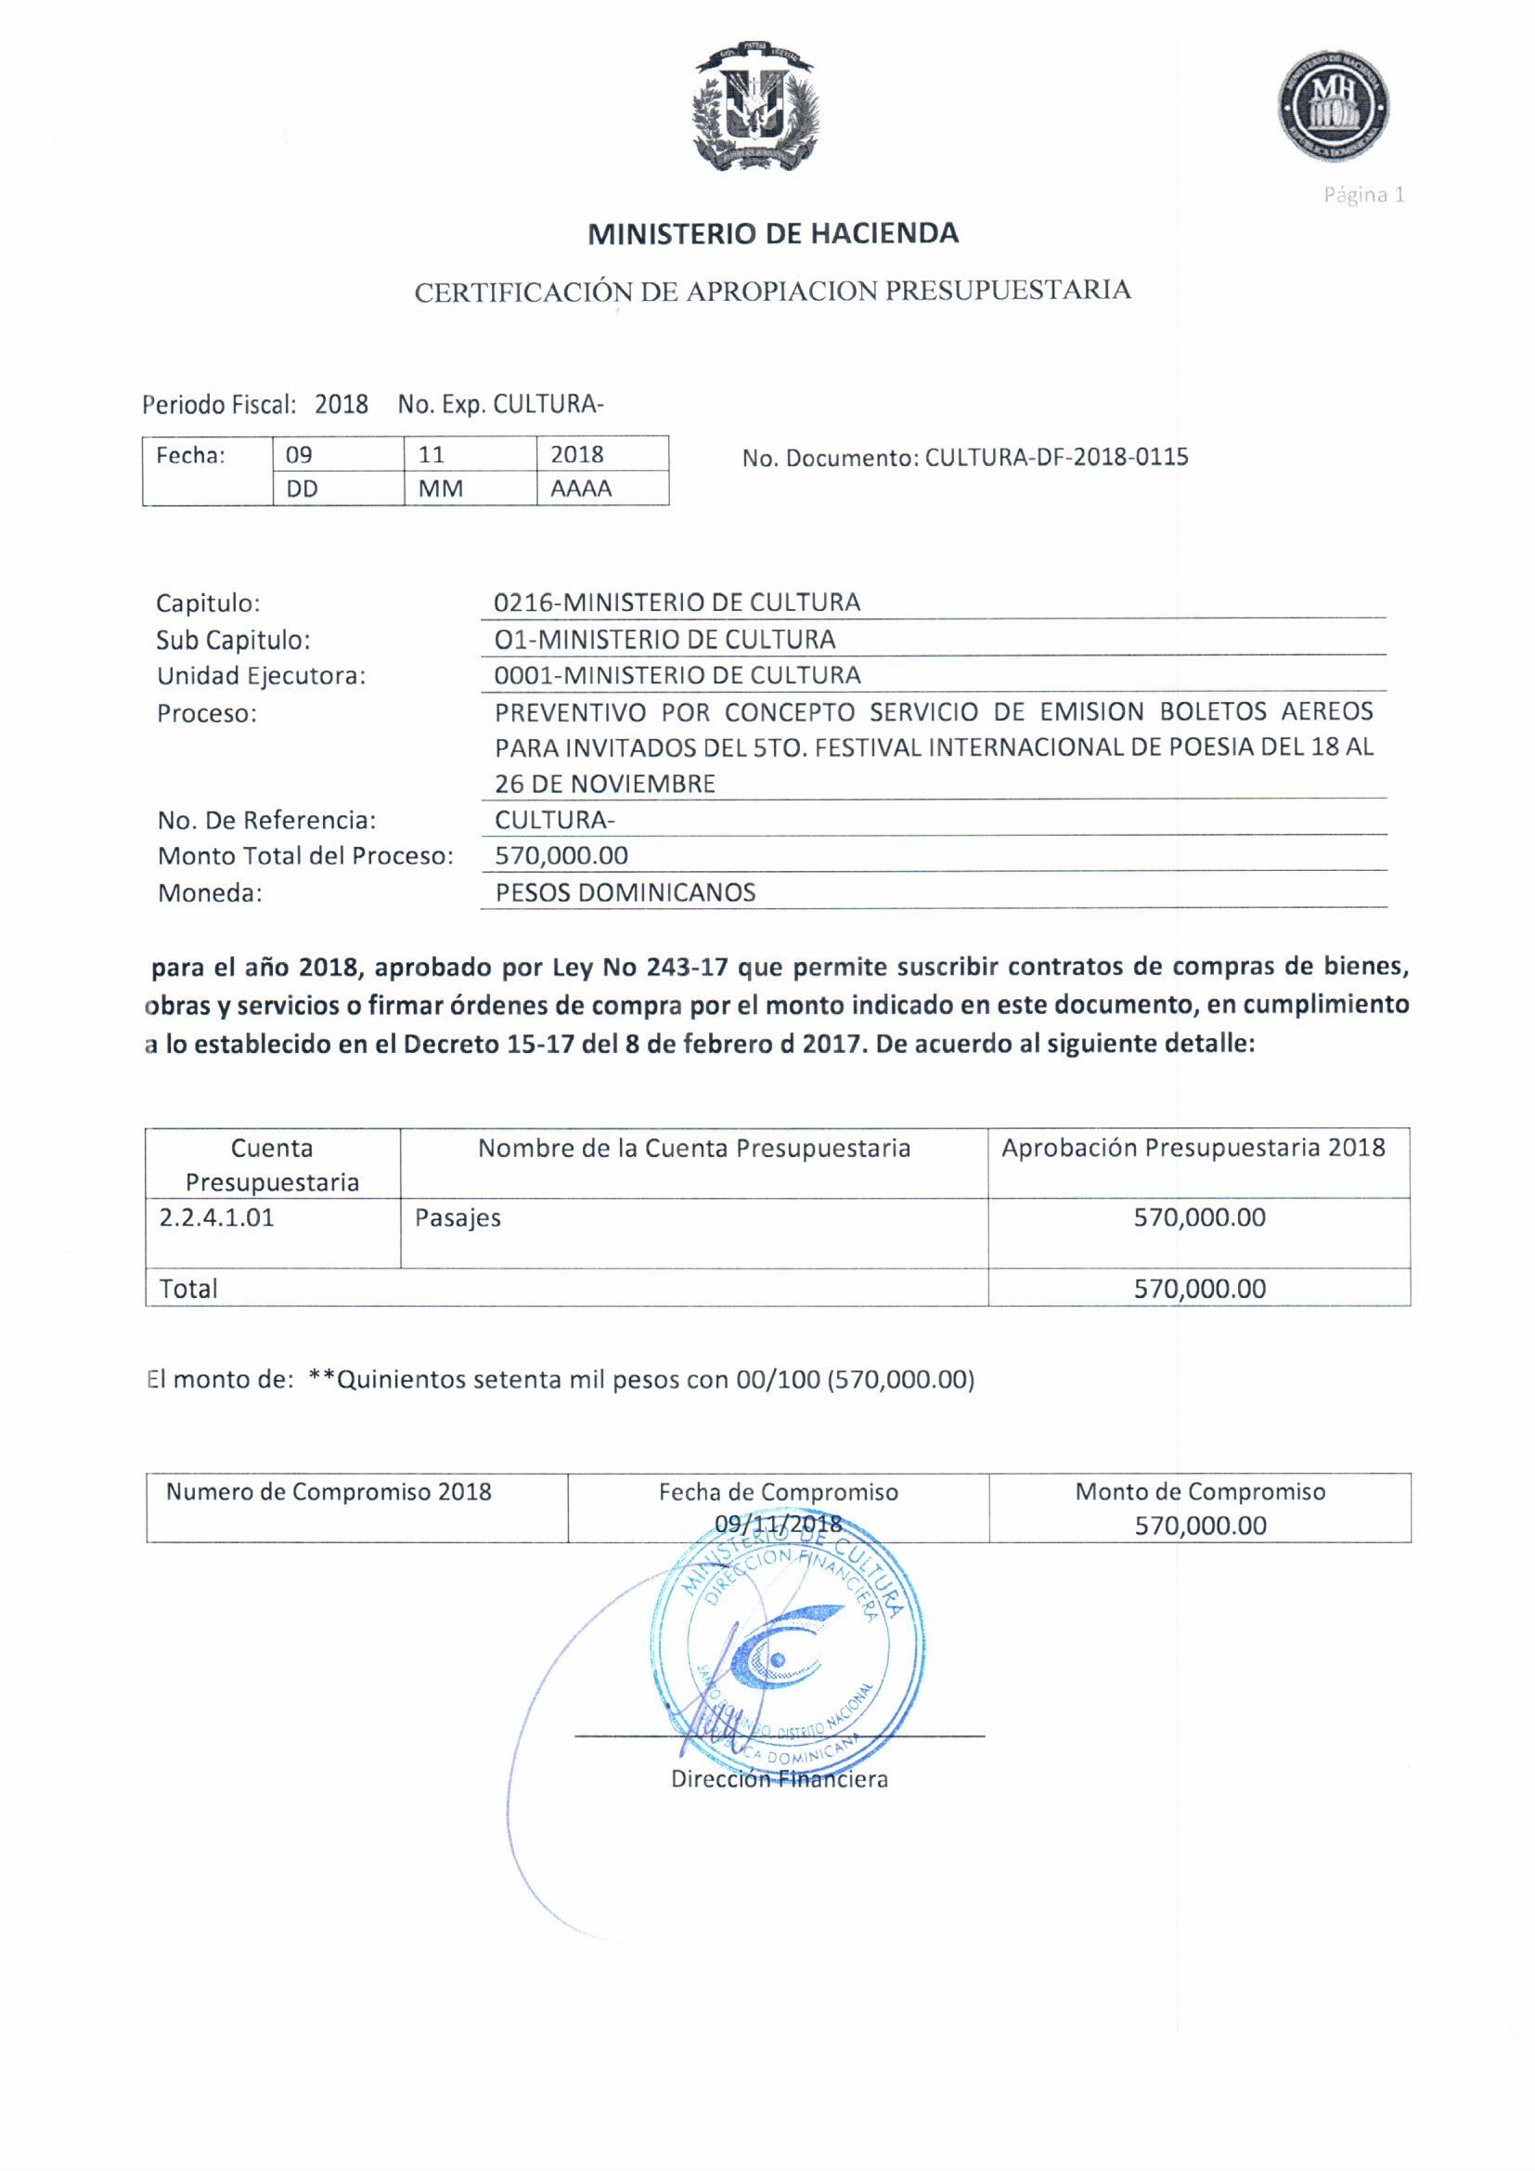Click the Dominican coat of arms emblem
coord(755,107)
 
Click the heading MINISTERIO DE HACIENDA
coord(772,234)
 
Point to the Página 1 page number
coord(1363,196)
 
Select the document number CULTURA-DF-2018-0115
coord(1056,458)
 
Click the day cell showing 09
coord(299,455)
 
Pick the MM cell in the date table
coord(441,488)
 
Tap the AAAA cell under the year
coord(580,488)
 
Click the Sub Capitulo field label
coord(233,640)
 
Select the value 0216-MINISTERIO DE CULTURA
coord(677,603)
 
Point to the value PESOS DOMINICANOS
coord(625,892)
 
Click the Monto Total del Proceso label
coord(304,856)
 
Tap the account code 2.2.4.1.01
coord(216,1217)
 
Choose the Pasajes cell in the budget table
coord(458,1218)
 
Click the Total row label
coord(188,1289)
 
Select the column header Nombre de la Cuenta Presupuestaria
coord(694,1148)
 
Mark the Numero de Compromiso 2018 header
coord(328,1491)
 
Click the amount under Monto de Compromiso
coord(1199,1526)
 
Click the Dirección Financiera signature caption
coord(779,1778)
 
